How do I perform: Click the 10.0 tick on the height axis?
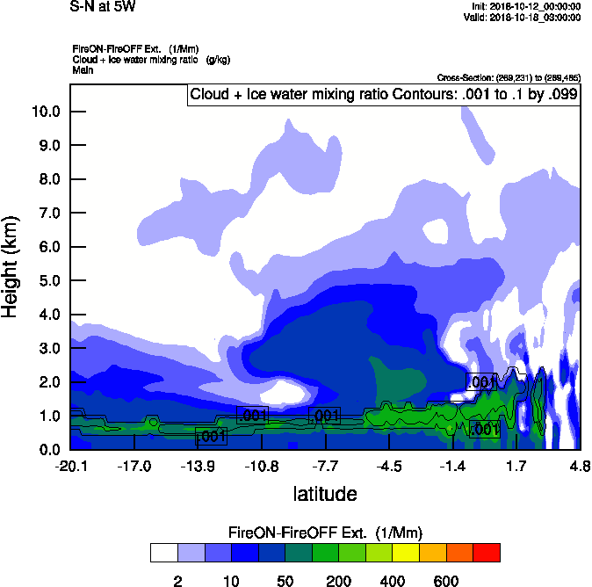tap(46, 112)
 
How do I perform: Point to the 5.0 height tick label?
tap(46, 281)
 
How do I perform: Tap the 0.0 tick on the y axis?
tap(46, 450)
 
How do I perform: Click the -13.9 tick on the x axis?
tap(199, 467)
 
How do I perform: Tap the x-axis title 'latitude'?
tap(324, 494)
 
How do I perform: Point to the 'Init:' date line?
tap(525, 7)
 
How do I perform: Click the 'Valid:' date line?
tap(523, 17)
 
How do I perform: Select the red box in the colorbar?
tap(487, 553)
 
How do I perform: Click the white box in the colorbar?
tap(163, 553)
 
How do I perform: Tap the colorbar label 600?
tap(445, 581)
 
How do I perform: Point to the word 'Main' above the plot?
tap(83, 69)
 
